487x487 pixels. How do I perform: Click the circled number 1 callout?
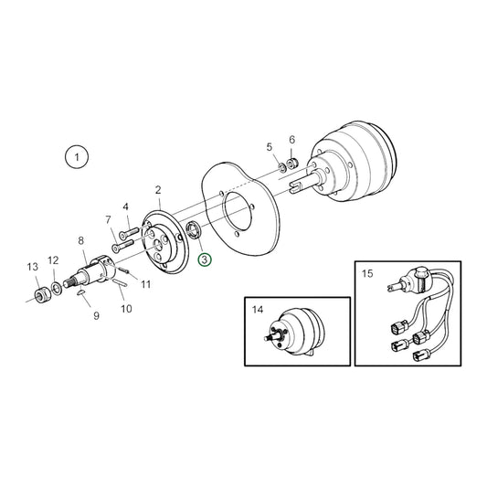click(x=77, y=156)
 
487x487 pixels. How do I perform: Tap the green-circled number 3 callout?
click(x=205, y=259)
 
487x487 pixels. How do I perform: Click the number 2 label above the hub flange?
click(x=158, y=190)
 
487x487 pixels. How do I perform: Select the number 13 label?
click(x=33, y=267)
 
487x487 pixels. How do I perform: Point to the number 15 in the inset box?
click(x=367, y=273)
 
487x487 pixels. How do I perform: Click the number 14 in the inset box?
click(x=258, y=310)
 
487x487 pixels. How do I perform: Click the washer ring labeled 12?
click(x=57, y=288)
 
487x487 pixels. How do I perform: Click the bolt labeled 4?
click(x=129, y=233)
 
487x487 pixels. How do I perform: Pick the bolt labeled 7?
click(x=122, y=245)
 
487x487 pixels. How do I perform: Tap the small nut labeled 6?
click(x=292, y=163)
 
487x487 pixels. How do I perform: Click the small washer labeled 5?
click(x=282, y=167)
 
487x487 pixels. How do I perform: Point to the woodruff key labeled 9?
click(x=81, y=292)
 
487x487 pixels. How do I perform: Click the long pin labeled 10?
click(x=120, y=281)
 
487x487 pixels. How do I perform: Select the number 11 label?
click(x=146, y=284)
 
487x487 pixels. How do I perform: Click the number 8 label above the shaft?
click(x=80, y=240)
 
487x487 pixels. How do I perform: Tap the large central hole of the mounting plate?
click(x=238, y=211)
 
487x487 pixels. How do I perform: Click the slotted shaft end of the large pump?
click(x=296, y=186)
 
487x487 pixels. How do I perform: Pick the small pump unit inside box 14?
click(x=294, y=333)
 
